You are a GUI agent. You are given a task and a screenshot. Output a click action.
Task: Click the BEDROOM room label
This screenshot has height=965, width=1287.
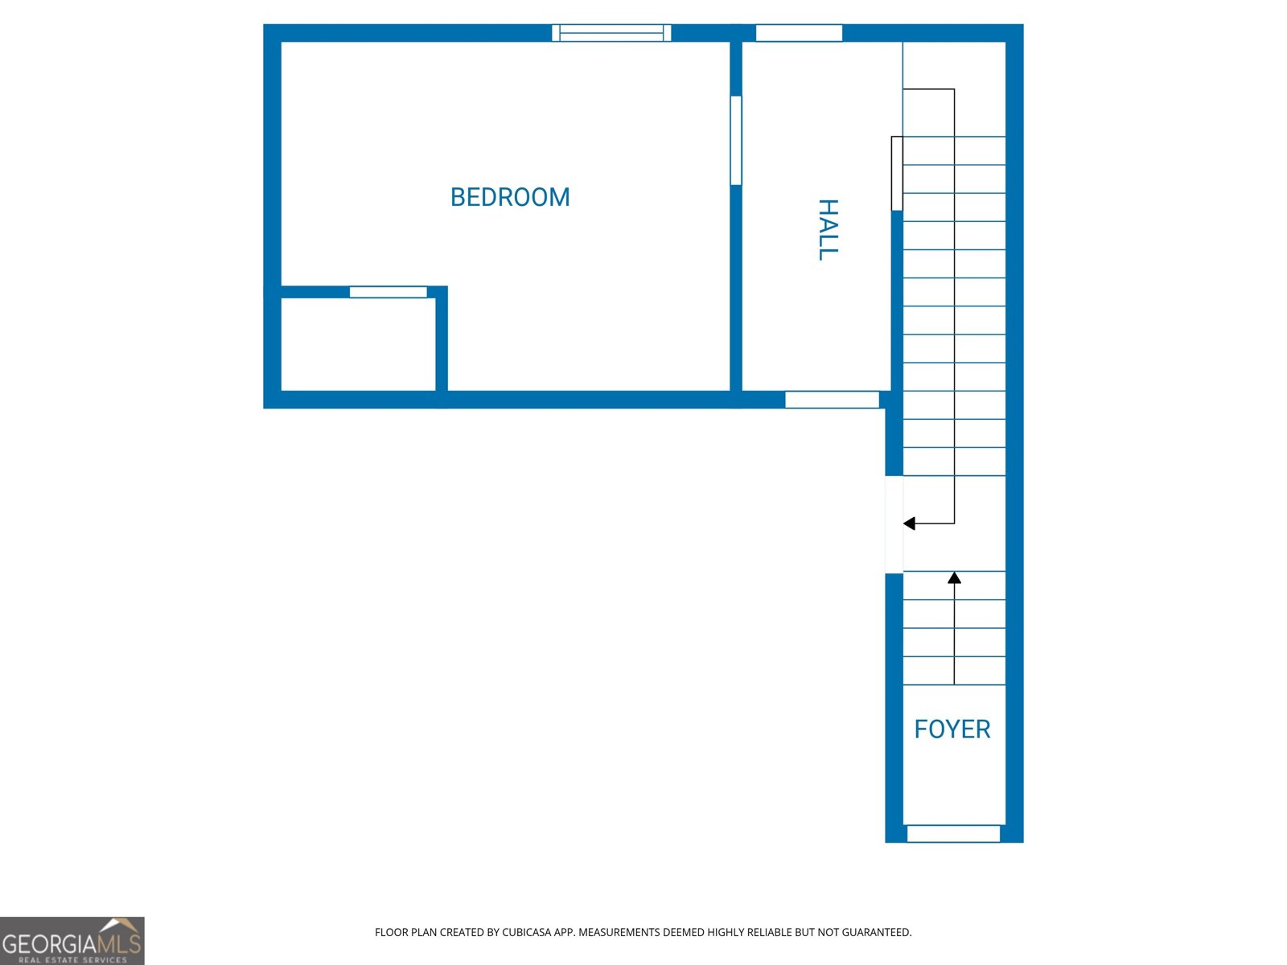point(510,197)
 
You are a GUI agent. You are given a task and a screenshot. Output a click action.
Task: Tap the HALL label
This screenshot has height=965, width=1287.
point(828,230)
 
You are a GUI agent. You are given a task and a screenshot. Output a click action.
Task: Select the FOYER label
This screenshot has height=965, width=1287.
point(952,729)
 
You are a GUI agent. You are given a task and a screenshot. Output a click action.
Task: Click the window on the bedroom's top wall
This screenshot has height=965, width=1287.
point(611,33)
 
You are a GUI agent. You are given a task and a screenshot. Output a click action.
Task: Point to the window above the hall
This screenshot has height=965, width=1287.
point(799,33)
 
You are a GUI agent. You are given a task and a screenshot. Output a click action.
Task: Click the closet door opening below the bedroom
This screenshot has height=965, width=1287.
point(388,292)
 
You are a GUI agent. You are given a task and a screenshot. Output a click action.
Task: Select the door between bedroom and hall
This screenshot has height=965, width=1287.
point(735,141)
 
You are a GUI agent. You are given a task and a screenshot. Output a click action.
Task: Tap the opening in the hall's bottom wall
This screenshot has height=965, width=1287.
point(832,400)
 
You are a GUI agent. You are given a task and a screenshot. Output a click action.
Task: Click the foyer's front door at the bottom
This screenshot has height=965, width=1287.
point(953,834)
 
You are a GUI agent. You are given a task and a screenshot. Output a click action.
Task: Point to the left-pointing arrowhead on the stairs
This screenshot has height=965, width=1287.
point(910,524)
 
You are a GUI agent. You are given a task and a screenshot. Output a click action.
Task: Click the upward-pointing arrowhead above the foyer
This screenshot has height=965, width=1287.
point(955,577)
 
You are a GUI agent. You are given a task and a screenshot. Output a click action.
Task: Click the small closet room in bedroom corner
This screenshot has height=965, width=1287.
point(358,344)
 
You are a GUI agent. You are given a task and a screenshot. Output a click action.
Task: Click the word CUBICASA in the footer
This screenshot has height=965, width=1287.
point(526,933)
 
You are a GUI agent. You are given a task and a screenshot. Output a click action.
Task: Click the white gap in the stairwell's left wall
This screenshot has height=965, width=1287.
point(894,524)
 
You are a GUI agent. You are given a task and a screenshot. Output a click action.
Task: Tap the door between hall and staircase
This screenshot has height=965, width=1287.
point(897,173)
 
